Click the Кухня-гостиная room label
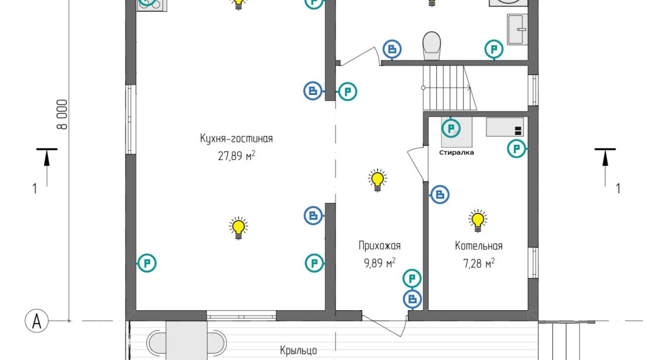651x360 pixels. click(236, 139)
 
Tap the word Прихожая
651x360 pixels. click(379, 246)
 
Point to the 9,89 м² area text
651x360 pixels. click(379, 263)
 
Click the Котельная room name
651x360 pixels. click(479, 246)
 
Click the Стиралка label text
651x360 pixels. click(456, 152)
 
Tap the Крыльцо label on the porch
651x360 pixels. click(299, 351)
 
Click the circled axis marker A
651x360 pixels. click(36, 321)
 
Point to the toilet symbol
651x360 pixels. click(432, 45)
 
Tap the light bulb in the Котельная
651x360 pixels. click(478, 219)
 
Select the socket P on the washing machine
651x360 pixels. click(450, 127)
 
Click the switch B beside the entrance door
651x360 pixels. click(412, 300)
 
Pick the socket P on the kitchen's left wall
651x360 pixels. click(146, 263)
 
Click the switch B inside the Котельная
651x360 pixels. click(440, 194)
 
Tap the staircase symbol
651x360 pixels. click(449, 87)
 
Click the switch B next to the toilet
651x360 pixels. click(392, 49)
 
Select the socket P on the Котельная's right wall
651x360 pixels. click(516, 149)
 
